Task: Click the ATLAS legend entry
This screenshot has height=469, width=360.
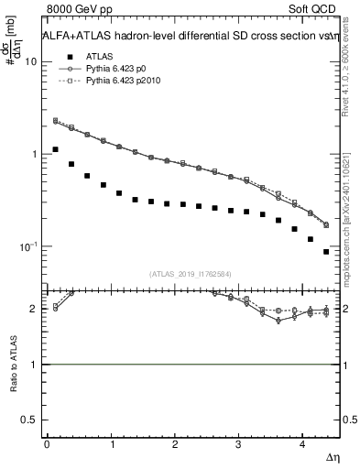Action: click(x=99, y=56)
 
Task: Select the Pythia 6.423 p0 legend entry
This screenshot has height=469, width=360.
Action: click(x=122, y=69)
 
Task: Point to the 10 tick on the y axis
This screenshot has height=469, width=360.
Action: click(x=31, y=62)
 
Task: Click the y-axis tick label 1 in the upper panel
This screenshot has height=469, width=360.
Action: click(x=34, y=155)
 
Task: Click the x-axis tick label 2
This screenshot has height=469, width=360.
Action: click(x=175, y=444)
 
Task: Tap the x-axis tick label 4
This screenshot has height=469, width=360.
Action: click(x=303, y=444)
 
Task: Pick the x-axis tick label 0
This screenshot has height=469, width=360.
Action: click(x=47, y=444)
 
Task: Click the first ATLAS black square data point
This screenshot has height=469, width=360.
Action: click(x=56, y=149)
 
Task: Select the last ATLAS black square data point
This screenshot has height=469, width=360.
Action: click(x=326, y=252)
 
